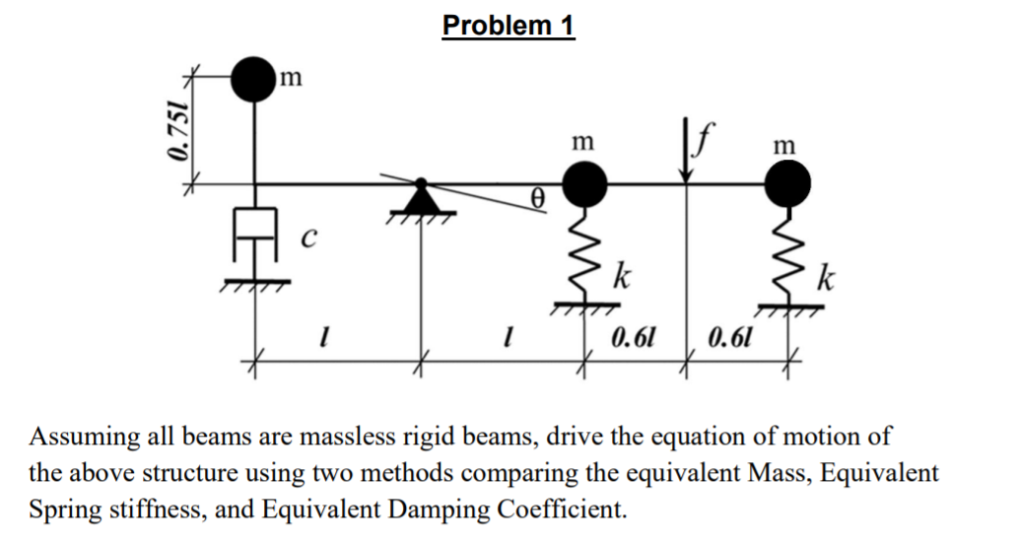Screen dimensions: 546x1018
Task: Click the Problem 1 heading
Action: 509,25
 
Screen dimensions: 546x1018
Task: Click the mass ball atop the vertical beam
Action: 255,79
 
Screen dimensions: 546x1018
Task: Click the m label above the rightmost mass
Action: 784,144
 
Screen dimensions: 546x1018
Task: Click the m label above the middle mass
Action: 582,144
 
